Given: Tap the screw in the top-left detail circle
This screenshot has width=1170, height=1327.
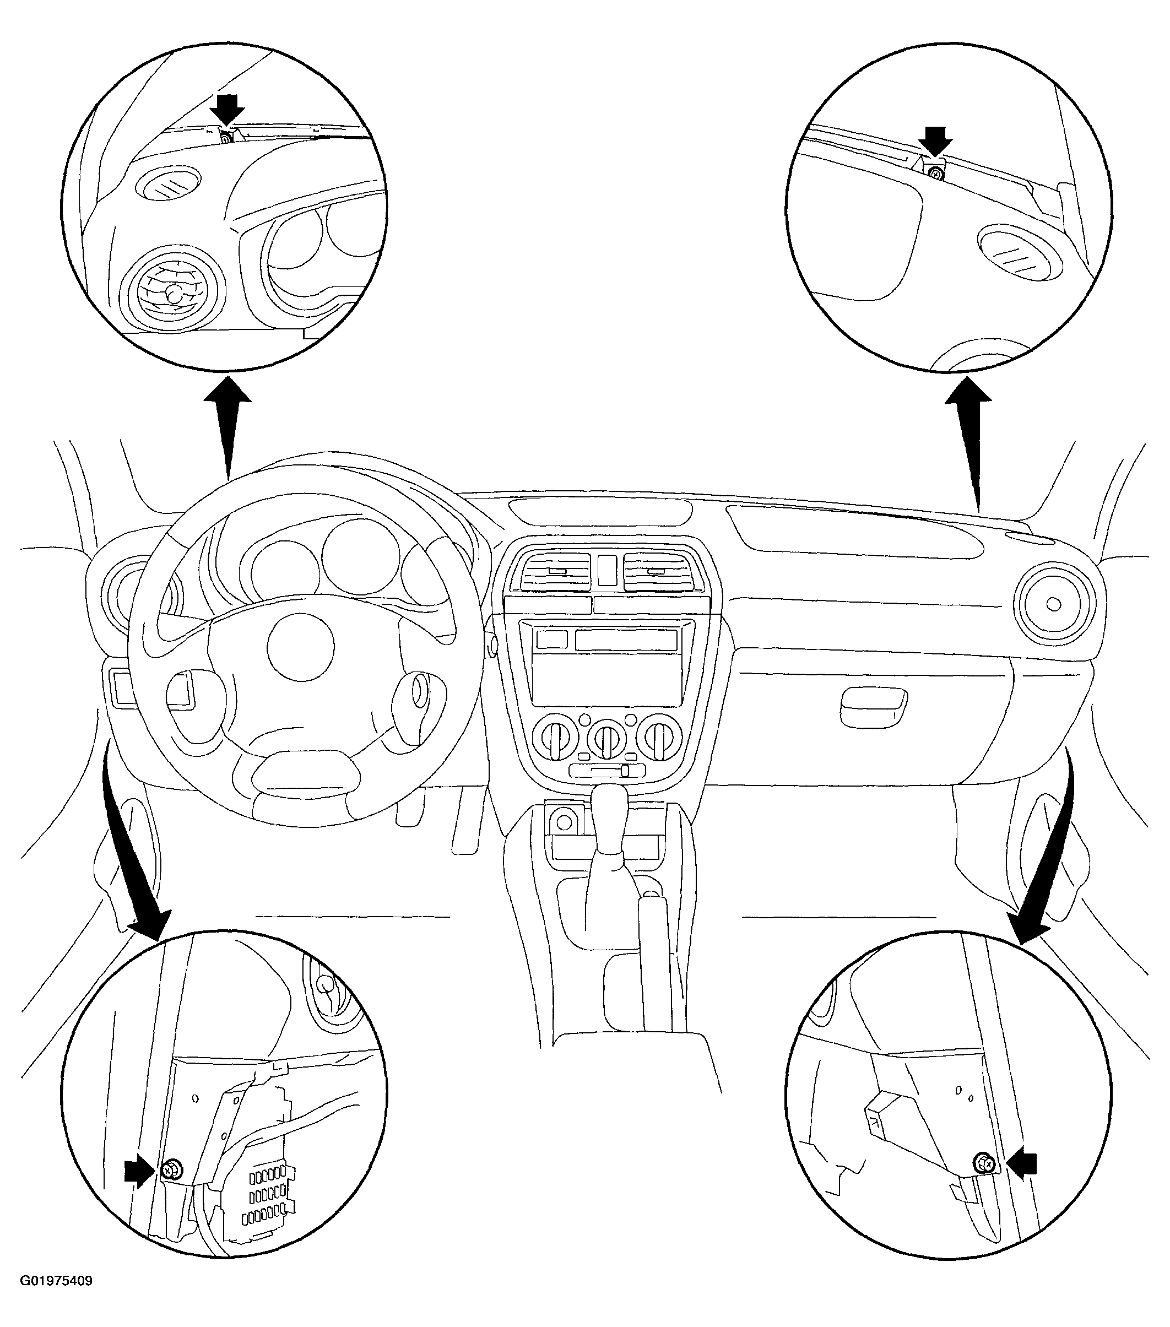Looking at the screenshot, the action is (225, 138).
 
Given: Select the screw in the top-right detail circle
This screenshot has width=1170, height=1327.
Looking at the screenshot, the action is (935, 174).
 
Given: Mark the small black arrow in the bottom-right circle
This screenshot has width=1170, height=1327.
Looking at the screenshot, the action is (1020, 1163).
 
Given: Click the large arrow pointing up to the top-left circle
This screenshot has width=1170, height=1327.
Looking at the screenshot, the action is (228, 428).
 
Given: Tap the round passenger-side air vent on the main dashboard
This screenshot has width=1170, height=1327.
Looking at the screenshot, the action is (1053, 605).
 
